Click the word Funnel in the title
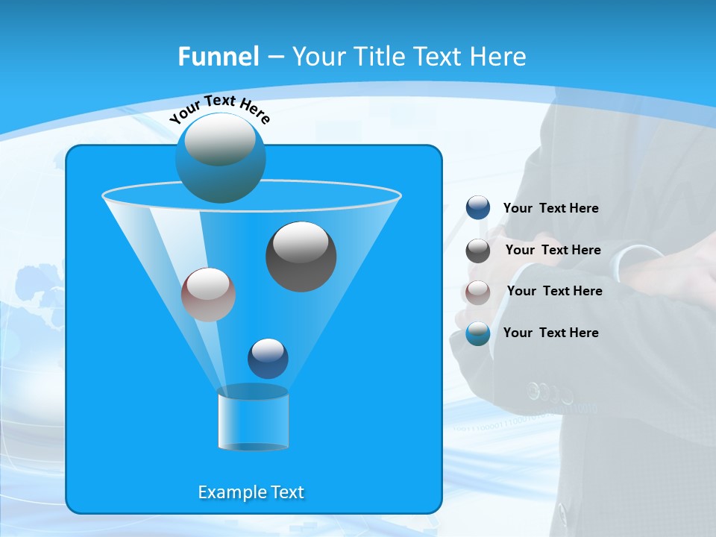218,57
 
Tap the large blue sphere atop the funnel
221,157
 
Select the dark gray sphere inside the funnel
301,257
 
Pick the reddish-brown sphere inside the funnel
208,295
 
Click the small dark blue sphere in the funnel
268,358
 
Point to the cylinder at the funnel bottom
253,419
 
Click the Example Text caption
251,492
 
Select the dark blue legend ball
478,208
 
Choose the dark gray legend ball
478,251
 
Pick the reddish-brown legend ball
478,292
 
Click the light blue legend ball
478,333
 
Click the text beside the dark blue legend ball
550,209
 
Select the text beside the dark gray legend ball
553,251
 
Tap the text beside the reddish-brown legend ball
554,292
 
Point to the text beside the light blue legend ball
550,333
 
